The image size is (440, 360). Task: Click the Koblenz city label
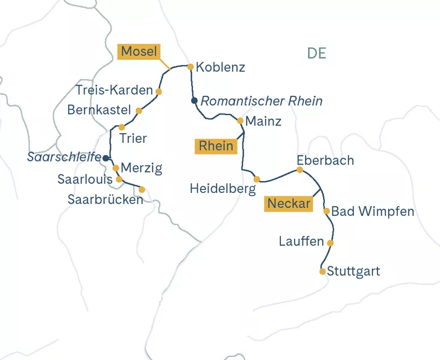221,68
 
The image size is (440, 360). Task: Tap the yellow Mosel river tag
139,52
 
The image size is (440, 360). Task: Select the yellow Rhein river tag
216,147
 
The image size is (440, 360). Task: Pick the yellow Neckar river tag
289,204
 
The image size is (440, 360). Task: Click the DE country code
316,53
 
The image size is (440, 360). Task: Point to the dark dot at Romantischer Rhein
194,101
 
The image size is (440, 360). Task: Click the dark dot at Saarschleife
106,158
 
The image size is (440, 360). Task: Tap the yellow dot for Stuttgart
322,271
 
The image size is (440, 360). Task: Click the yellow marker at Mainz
240,121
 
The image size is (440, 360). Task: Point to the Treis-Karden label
115,90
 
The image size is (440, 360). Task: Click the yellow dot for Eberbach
300,170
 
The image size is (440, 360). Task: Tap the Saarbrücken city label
105,200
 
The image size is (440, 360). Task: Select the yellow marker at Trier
122,127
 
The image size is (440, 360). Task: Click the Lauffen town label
301,242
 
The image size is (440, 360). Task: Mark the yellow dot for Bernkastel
139,111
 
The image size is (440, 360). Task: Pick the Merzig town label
142,168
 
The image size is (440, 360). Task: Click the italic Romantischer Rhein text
262,101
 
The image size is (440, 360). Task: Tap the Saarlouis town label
85,180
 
